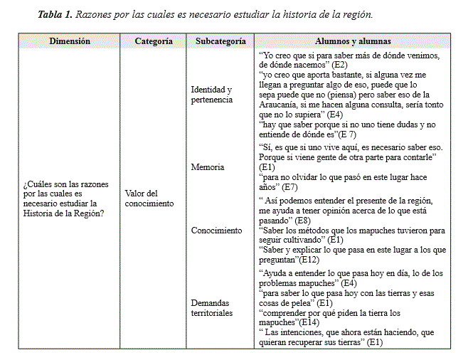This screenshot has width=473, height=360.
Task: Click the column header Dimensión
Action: [70, 41]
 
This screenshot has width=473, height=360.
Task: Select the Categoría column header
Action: [154, 41]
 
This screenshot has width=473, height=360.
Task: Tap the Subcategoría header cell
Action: [220, 41]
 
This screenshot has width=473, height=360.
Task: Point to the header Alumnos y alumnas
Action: [353, 41]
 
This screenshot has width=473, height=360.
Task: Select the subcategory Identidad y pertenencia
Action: [212, 95]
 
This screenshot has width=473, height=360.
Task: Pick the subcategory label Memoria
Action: [208, 167]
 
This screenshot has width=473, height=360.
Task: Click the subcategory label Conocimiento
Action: [216, 231]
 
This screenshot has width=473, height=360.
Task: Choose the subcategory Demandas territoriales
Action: [212, 308]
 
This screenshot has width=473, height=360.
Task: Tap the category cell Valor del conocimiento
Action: [149, 198]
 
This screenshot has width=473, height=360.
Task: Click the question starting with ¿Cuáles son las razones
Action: [65, 198]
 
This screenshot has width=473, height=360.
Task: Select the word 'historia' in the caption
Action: [286, 14]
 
